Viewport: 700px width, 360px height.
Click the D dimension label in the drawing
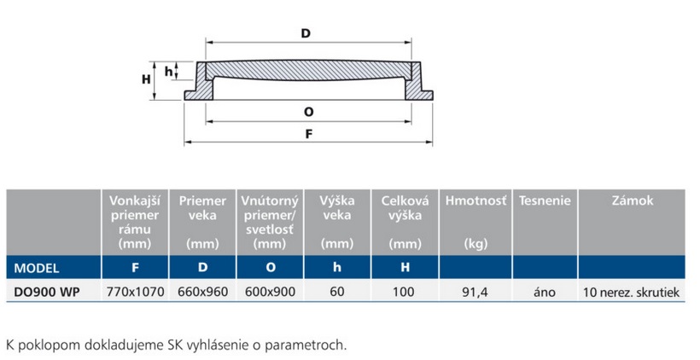(306, 33)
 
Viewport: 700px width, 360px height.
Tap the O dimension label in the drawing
(308, 111)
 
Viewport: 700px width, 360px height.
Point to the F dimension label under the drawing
(308, 133)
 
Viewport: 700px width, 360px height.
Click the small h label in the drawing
(168, 70)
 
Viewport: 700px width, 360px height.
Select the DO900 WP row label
(43, 292)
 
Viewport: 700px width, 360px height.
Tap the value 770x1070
(134, 292)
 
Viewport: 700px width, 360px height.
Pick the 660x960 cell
(202, 292)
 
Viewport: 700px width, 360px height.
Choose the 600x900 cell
(270, 292)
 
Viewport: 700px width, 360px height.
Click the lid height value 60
(337, 292)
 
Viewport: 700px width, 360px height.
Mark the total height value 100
(405, 292)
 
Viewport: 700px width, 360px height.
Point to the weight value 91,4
(475, 292)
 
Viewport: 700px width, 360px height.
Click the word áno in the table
(544, 292)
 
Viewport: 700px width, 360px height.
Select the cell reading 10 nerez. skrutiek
(632, 292)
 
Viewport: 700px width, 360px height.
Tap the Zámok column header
(632, 201)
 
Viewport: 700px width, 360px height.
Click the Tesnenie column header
(544, 201)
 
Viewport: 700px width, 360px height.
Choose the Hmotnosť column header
(475, 201)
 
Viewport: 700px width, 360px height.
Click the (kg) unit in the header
(475, 244)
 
